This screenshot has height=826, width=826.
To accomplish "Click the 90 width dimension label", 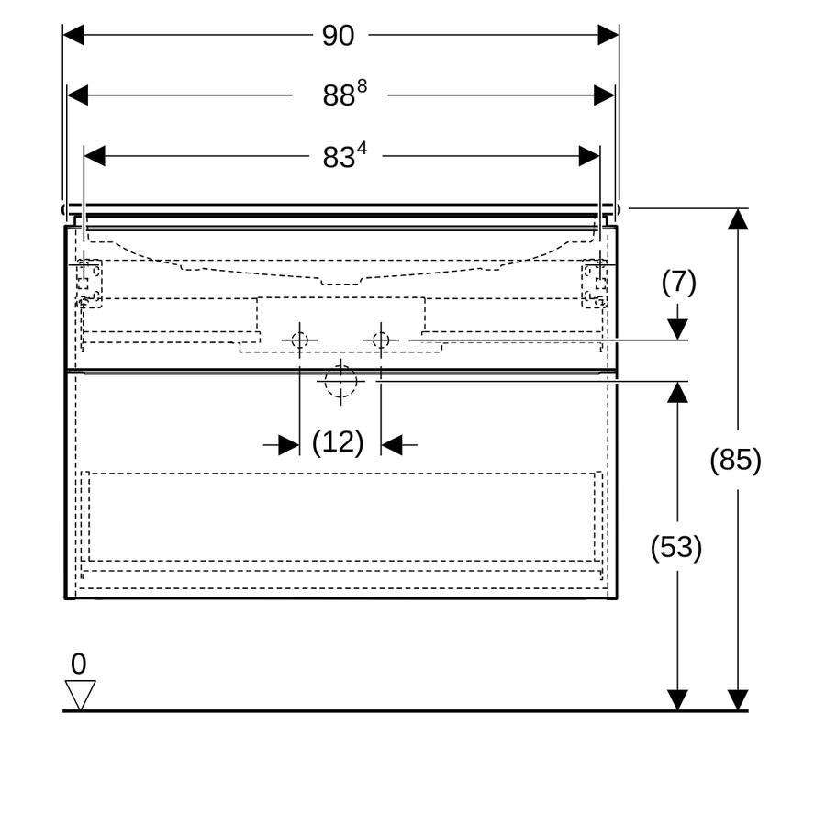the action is pos(338,36).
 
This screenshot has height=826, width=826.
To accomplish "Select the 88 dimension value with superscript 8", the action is pos(344,94).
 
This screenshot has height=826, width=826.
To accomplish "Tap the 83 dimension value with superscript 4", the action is pos(344,155).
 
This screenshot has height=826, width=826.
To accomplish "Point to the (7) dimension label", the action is pos(678,283).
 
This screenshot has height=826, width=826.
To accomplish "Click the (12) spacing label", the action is pos(338,442).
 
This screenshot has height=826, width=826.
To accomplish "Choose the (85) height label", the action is pos(735,460).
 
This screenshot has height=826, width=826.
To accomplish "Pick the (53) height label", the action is pos(675,547).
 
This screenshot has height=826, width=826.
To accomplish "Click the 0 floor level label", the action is pos(79,664).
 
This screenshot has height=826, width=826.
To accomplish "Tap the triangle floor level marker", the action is pos(80,695).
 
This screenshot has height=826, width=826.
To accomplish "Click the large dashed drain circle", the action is pos(340,381).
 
